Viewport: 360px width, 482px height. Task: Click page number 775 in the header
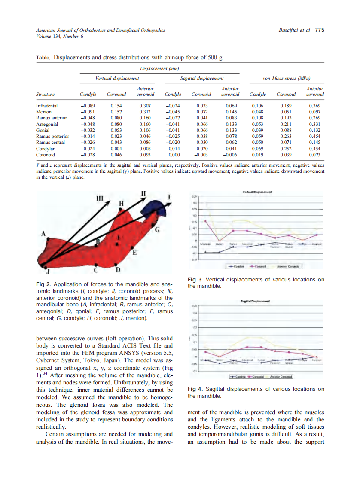tap(319, 31)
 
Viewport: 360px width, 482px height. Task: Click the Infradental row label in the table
tap(47, 106)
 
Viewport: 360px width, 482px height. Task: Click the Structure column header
tap(45, 95)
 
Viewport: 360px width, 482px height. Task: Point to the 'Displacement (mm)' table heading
tap(159, 68)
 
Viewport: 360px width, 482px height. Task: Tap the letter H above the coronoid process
tap(121, 203)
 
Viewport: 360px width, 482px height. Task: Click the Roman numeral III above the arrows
tap(100, 198)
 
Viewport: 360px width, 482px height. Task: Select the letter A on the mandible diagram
tap(43, 234)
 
